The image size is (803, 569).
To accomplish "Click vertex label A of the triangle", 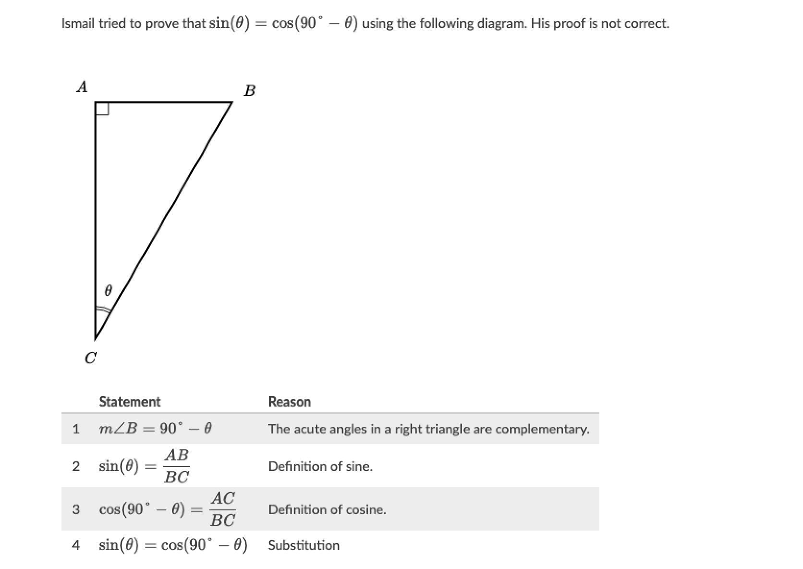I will pos(82,87).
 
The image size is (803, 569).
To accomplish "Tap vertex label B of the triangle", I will pos(249,90).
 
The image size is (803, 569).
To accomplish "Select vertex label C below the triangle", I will pos(90,358).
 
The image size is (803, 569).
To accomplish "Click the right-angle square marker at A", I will pos(102,109).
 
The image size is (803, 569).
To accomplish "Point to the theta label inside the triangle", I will pos(108,290).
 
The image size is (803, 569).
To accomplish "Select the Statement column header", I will pos(130,402).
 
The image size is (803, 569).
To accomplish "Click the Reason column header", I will pos(289,402).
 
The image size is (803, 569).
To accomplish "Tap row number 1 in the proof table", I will pos(75,429).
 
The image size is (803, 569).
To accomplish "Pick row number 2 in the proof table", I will pos(75,466).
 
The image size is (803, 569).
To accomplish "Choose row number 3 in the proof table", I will pos(75,509).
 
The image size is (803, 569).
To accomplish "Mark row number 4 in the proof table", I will pos(75,545).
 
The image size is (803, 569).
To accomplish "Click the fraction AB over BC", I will pos(176,466).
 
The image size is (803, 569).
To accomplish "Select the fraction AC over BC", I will pos(223,509).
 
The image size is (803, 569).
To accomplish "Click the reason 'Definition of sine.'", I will pos(320,466).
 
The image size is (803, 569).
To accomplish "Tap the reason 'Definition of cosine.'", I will pos(327,509).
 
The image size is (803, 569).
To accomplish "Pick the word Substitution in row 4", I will pos(304,545).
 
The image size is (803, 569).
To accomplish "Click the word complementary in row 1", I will pos(542,429).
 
